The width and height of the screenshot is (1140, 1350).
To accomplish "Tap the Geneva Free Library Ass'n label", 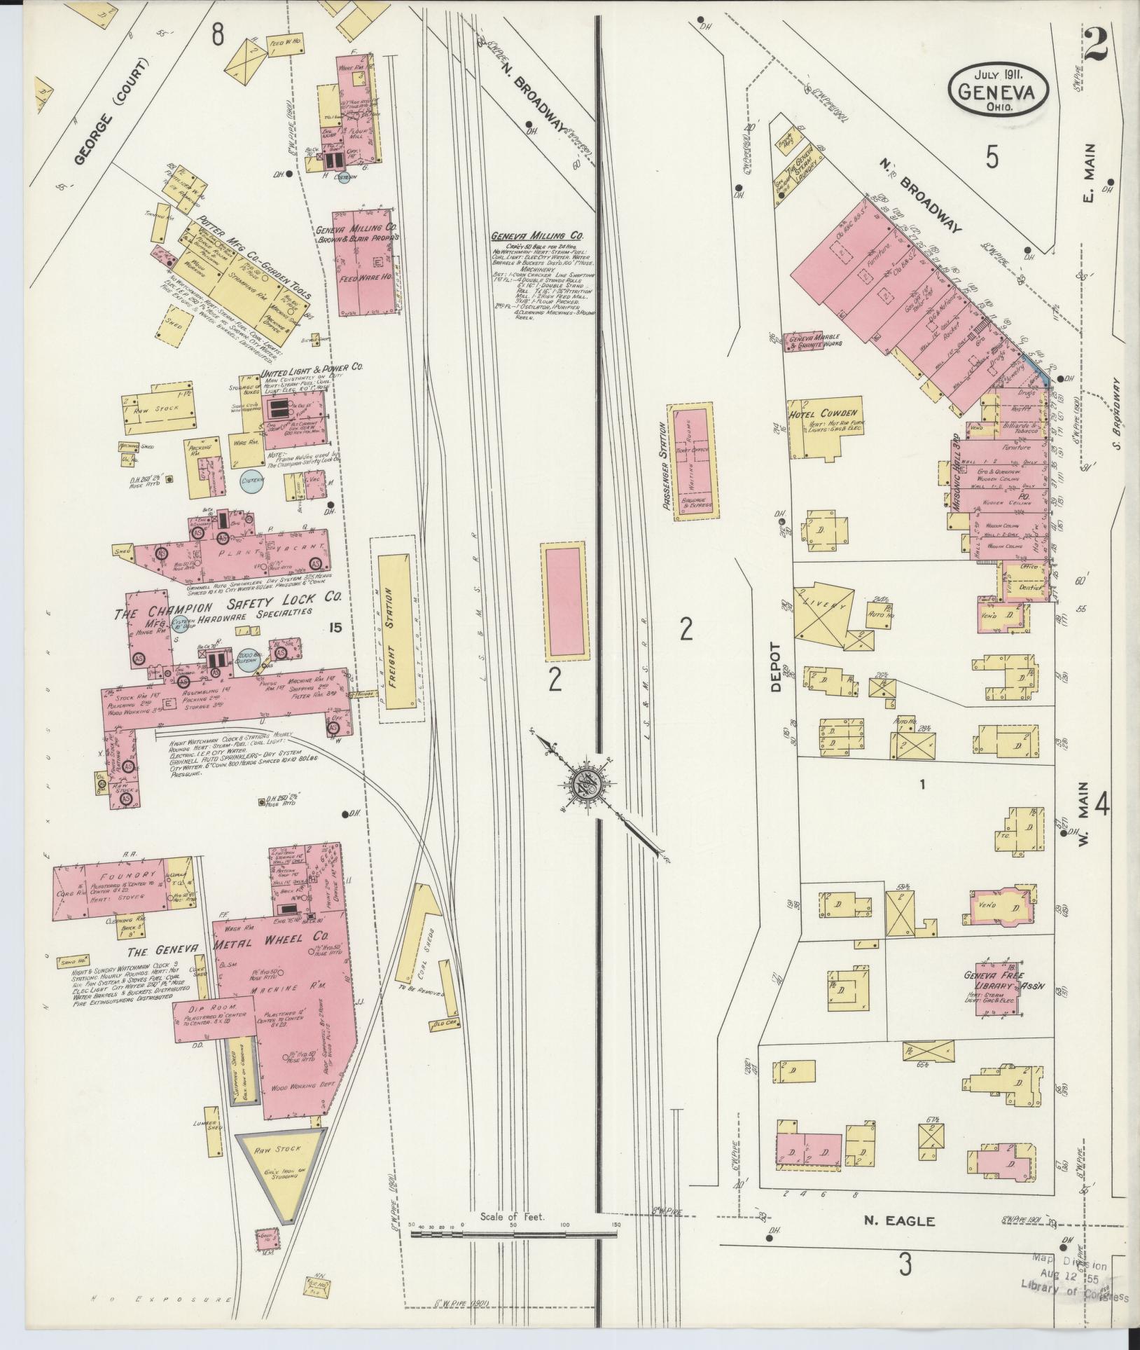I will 994,981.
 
